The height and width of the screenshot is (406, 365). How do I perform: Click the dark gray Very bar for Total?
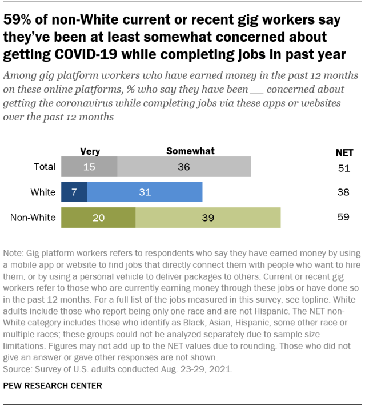point(89,167)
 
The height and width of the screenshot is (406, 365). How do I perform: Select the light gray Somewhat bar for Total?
point(184,167)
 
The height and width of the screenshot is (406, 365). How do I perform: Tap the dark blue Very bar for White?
point(74,192)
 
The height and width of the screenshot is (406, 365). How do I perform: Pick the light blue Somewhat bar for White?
point(145,192)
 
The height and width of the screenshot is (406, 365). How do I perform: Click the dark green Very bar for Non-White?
point(98,218)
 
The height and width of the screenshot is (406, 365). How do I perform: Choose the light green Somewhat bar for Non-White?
point(208,218)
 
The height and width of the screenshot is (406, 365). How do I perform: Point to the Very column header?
point(90,151)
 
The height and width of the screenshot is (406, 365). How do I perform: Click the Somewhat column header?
point(190,151)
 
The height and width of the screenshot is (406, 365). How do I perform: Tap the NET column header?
point(343,152)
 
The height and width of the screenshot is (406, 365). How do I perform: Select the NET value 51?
point(343,167)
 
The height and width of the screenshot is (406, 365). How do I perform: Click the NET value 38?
point(343,192)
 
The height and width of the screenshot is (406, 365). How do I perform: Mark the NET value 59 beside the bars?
point(343,218)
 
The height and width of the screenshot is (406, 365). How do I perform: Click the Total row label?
point(45,167)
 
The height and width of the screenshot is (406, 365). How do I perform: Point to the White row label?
point(43,192)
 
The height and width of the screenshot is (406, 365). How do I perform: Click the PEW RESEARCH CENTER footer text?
point(53,385)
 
